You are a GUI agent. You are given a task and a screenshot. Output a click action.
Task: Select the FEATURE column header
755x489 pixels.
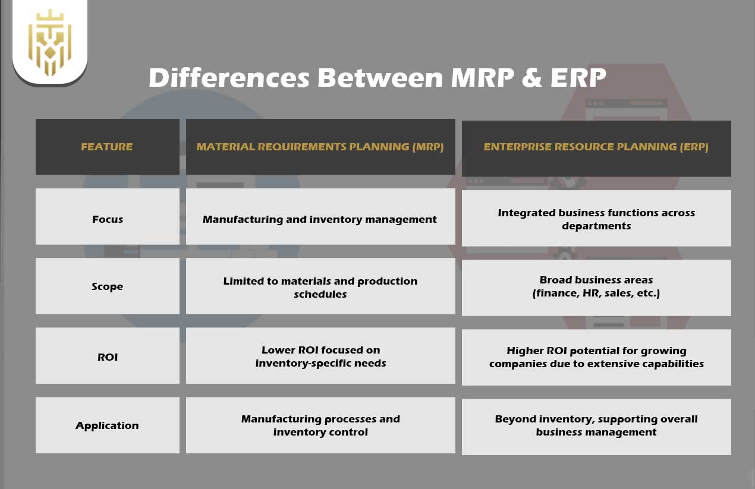(107, 147)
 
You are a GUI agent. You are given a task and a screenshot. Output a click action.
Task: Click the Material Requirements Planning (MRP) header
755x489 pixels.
(320, 147)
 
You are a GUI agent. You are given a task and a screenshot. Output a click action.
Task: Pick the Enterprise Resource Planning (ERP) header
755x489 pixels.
(596, 147)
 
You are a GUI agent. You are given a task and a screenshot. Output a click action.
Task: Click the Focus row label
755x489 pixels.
(108, 219)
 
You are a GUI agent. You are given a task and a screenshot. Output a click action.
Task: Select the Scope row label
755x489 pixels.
(108, 286)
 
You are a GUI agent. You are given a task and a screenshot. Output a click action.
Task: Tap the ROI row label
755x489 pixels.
(108, 357)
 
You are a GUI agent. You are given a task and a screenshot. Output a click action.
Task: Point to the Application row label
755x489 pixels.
(108, 425)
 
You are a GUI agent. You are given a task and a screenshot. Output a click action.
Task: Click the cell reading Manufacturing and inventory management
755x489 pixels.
(320, 219)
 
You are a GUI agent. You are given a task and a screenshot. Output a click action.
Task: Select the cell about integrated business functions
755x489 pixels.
(596, 219)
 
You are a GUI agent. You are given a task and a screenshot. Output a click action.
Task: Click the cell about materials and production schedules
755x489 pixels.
(320, 287)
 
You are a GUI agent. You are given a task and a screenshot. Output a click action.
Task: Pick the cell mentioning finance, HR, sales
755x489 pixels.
(596, 286)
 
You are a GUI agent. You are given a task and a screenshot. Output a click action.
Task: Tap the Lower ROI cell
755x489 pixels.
(320, 357)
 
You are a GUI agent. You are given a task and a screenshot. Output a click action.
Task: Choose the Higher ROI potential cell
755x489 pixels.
(596, 357)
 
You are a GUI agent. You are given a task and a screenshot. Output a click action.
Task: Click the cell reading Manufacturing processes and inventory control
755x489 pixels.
(320, 425)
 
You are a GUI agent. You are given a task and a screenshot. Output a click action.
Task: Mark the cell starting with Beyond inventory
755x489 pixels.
(596, 425)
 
